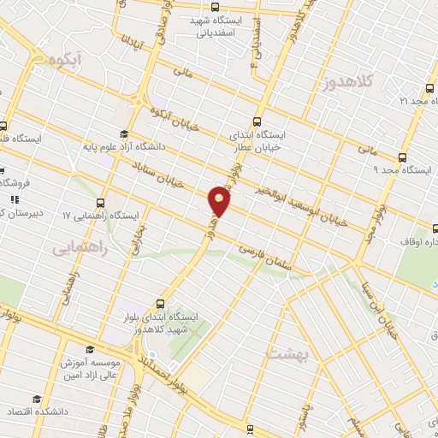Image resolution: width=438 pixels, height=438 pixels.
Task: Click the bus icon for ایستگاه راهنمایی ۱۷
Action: coord(101,203)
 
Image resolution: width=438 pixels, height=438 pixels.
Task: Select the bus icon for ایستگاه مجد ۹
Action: coord(402,157)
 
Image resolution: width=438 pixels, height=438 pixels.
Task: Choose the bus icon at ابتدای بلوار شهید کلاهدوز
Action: coord(160,303)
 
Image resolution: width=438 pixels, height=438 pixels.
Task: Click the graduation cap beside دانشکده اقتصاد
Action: coord(36,400)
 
